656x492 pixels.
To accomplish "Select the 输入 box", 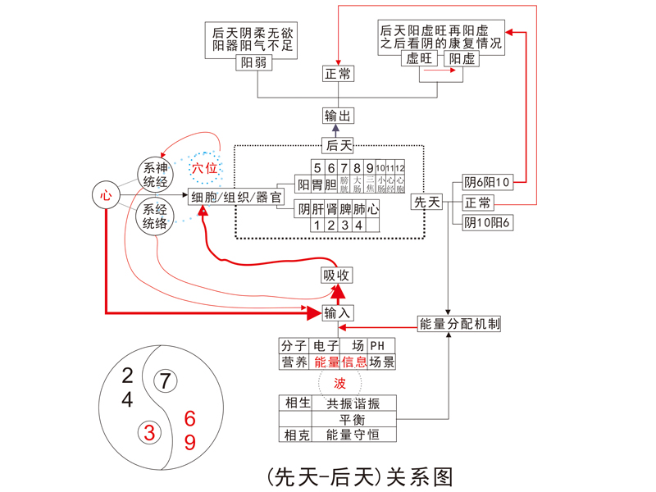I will (337, 312).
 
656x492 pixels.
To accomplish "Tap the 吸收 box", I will (337, 276).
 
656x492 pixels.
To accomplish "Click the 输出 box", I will (338, 116).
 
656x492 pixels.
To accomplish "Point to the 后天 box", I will (338, 146).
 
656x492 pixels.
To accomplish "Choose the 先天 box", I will (427, 202).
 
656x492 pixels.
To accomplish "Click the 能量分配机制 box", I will (459, 323).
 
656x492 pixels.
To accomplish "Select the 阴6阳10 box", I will (487, 182).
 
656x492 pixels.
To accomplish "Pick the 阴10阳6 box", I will (487, 222).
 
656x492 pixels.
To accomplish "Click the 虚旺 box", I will (418, 59).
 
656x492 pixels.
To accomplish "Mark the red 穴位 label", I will (204, 168).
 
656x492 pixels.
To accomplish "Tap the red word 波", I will (339, 383).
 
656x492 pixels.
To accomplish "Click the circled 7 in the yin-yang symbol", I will (166, 381).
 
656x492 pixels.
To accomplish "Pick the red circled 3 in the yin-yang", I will (149, 431).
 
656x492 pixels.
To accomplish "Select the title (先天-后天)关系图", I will (359, 476).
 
